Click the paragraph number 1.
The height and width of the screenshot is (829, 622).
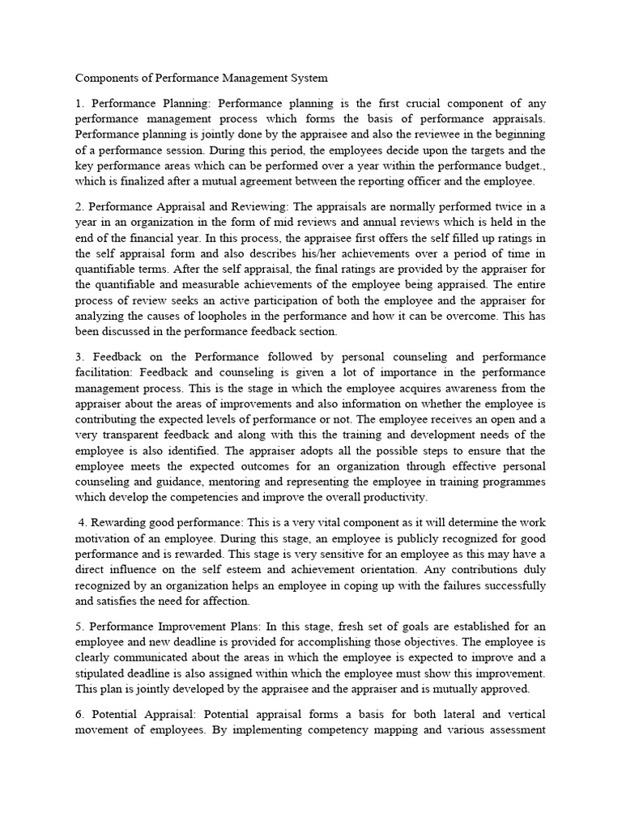point(79,104)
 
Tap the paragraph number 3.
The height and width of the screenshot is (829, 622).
point(79,357)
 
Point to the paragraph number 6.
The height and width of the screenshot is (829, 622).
point(79,714)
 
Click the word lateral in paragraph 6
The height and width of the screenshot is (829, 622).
point(429,714)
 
